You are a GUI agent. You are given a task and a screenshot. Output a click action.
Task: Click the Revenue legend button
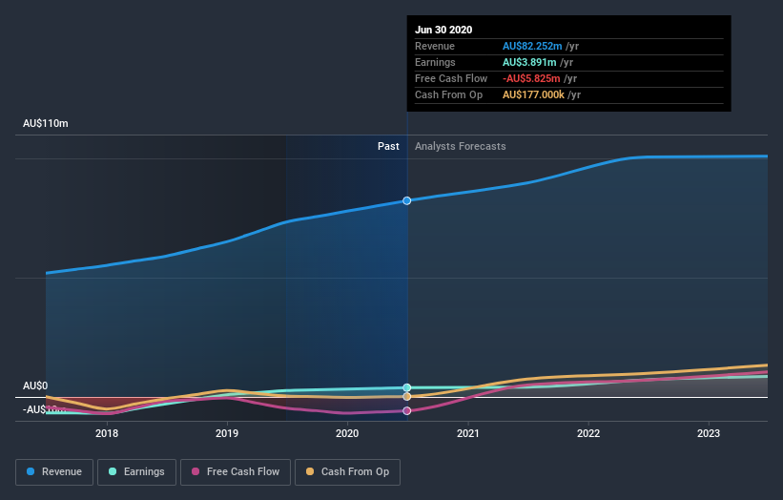tap(54, 471)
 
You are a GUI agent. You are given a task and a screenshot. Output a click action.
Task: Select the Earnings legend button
tap(137, 471)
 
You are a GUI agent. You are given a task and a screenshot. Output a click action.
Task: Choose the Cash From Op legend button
tap(347, 471)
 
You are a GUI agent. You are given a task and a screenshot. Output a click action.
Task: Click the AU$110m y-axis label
tap(46, 124)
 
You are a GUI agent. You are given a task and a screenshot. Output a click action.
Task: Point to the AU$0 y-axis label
tap(35, 386)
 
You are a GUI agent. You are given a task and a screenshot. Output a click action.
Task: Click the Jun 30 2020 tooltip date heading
tap(443, 30)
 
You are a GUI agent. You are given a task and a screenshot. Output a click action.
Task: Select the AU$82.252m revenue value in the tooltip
tap(537, 46)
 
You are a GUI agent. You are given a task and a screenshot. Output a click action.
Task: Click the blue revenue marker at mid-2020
tap(407, 200)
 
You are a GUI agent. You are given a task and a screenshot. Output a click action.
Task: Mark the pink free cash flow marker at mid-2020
tap(407, 411)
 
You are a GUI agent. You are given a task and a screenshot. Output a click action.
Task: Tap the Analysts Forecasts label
tap(460, 146)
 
